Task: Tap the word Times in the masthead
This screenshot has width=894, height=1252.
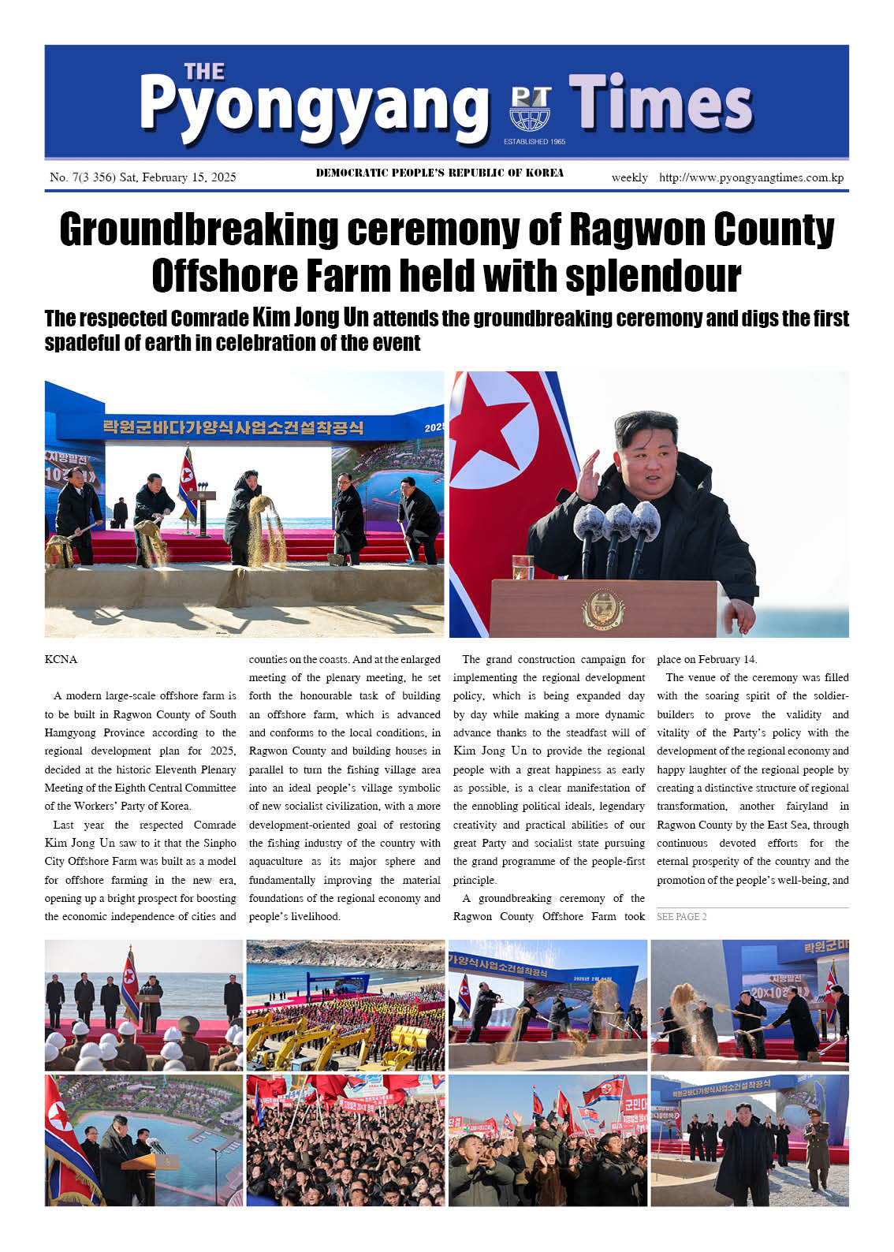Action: coord(661,103)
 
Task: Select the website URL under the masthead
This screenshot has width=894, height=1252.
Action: coord(751,177)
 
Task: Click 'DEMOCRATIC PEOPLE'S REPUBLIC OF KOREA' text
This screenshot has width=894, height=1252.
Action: coord(439,173)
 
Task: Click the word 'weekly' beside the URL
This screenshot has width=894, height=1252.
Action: coord(629,177)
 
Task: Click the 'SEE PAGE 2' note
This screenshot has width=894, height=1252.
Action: coord(681,916)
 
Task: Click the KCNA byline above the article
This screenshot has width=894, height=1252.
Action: coord(61,659)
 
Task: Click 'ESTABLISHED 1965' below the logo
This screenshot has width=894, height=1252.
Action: coord(535,142)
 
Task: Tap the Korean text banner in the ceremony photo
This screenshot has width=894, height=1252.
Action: coord(233,427)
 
